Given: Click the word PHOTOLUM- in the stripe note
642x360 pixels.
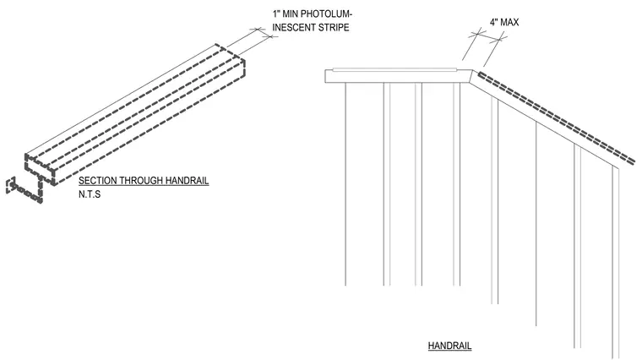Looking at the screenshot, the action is click(326, 14).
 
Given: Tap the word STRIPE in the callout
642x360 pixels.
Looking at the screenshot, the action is click(335, 28).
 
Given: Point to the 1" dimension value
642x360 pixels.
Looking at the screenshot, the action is click(275, 14).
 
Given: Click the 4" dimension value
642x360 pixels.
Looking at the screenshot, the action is click(493, 22).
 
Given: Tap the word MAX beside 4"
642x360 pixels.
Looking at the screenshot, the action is click(509, 22).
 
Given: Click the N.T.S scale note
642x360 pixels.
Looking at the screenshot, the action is click(90, 194).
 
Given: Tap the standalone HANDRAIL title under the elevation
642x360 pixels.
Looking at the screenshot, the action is click(449, 346).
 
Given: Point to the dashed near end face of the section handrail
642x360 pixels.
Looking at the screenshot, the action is click(41, 170).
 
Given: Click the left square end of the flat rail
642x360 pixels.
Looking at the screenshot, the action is click(326, 76).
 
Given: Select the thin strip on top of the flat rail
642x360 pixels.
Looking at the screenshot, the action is click(394, 69).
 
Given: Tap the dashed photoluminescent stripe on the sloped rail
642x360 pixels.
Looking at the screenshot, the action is click(556, 118).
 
